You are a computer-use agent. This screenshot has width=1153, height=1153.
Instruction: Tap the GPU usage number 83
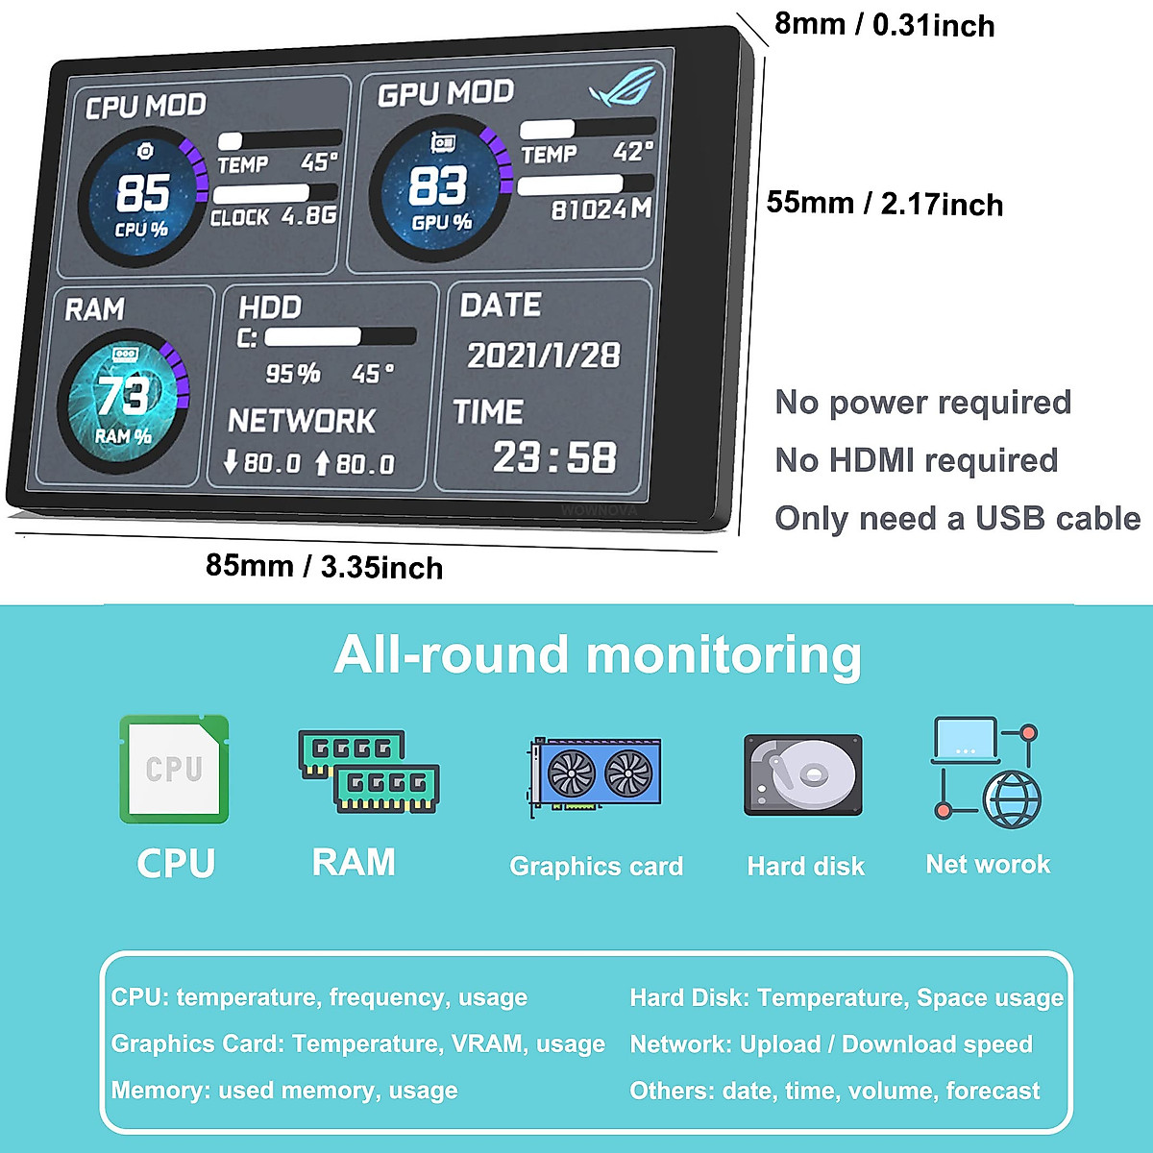pyautogui.click(x=437, y=185)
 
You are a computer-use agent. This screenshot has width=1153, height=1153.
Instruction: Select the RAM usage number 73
pyautogui.click(x=122, y=395)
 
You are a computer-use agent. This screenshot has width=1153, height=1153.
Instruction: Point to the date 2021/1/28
pyautogui.click(x=543, y=356)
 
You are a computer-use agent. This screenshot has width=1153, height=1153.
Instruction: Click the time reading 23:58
pyautogui.click(x=554, y=457)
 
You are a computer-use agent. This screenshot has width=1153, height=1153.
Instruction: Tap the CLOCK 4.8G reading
pyautogui.click(x=274, y=216)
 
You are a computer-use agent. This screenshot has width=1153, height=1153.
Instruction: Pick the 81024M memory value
pyautogui.click(x=601, y=209)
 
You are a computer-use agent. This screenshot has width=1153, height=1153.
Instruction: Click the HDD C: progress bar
pyautogui.click(x=340, y=336)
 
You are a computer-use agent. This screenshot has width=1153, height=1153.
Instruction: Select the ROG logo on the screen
pyautogui.click(x=623, y=86)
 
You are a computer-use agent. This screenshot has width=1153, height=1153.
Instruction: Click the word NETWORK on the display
pyautogui.click(x=302, y=421)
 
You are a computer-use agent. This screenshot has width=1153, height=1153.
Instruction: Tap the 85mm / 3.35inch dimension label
pyautogui.click(x=324, y=566)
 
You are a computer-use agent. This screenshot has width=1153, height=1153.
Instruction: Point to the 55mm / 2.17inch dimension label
pyautogui.click(x=884, y=204)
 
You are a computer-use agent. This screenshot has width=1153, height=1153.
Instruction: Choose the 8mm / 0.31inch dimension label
pyautogui.click(x=884, y=24)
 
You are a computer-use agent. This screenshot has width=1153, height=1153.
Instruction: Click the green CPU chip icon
pyautogui.click(x=174, y=769)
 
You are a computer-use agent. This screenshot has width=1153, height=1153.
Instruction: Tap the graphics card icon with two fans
pyautogui.click(x=596, y=774)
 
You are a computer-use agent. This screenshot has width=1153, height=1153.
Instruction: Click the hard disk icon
pyautogui.click(x=803, y=774)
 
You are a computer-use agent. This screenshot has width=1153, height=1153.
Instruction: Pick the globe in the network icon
pyautogui.click(x=1012, y=799)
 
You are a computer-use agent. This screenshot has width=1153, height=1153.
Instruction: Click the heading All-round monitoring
pyautogui.click(x=598, y=655)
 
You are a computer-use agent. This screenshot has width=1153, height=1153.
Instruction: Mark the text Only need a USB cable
pyautogui.click(x=957, y=519)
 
